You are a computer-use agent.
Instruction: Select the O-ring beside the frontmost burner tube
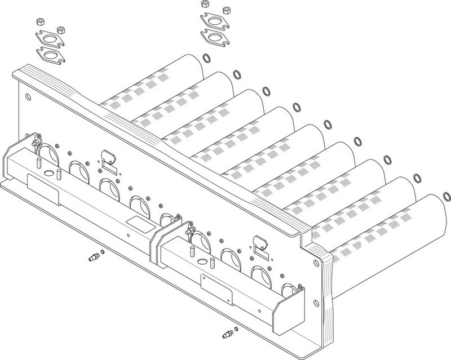446,197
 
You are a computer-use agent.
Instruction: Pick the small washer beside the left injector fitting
102,252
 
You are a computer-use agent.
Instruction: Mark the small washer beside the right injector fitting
236,329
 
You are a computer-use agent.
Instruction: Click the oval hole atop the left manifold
59,172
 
